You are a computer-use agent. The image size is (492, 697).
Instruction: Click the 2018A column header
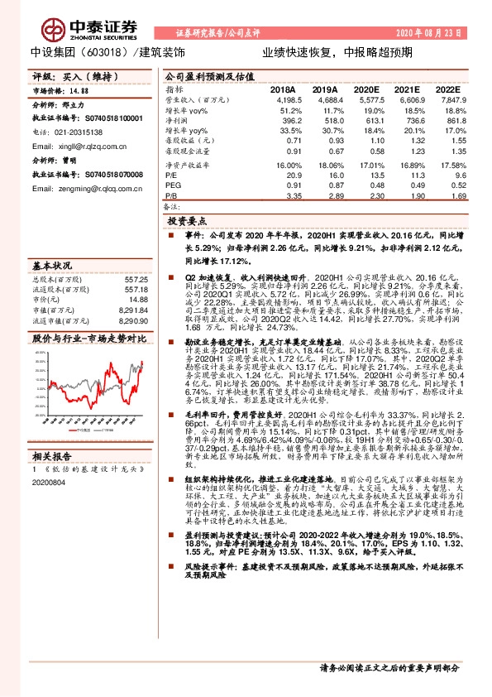[x=283, y=89]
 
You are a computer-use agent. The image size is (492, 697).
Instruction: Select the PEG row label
[x=172, y=186]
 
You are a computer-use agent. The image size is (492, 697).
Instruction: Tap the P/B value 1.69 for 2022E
[x=453, y=196]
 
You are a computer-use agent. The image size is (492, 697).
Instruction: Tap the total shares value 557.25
[x=137, y=280]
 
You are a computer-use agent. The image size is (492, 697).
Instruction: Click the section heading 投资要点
[x=188, y=223]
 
